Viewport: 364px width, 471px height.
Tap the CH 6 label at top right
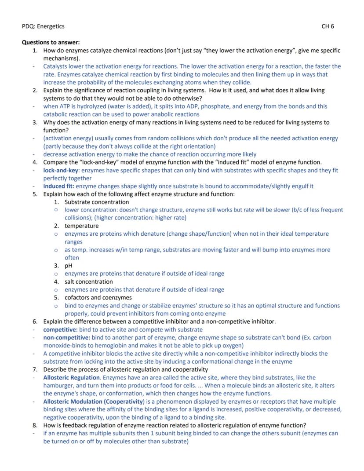(328, 26)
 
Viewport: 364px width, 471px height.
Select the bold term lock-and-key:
(61, 170)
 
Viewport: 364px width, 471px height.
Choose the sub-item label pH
(69, 266)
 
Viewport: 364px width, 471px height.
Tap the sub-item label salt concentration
(88, 281)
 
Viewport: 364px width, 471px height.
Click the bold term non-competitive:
(66, 337)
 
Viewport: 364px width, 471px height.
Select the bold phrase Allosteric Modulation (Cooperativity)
(94, 402)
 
